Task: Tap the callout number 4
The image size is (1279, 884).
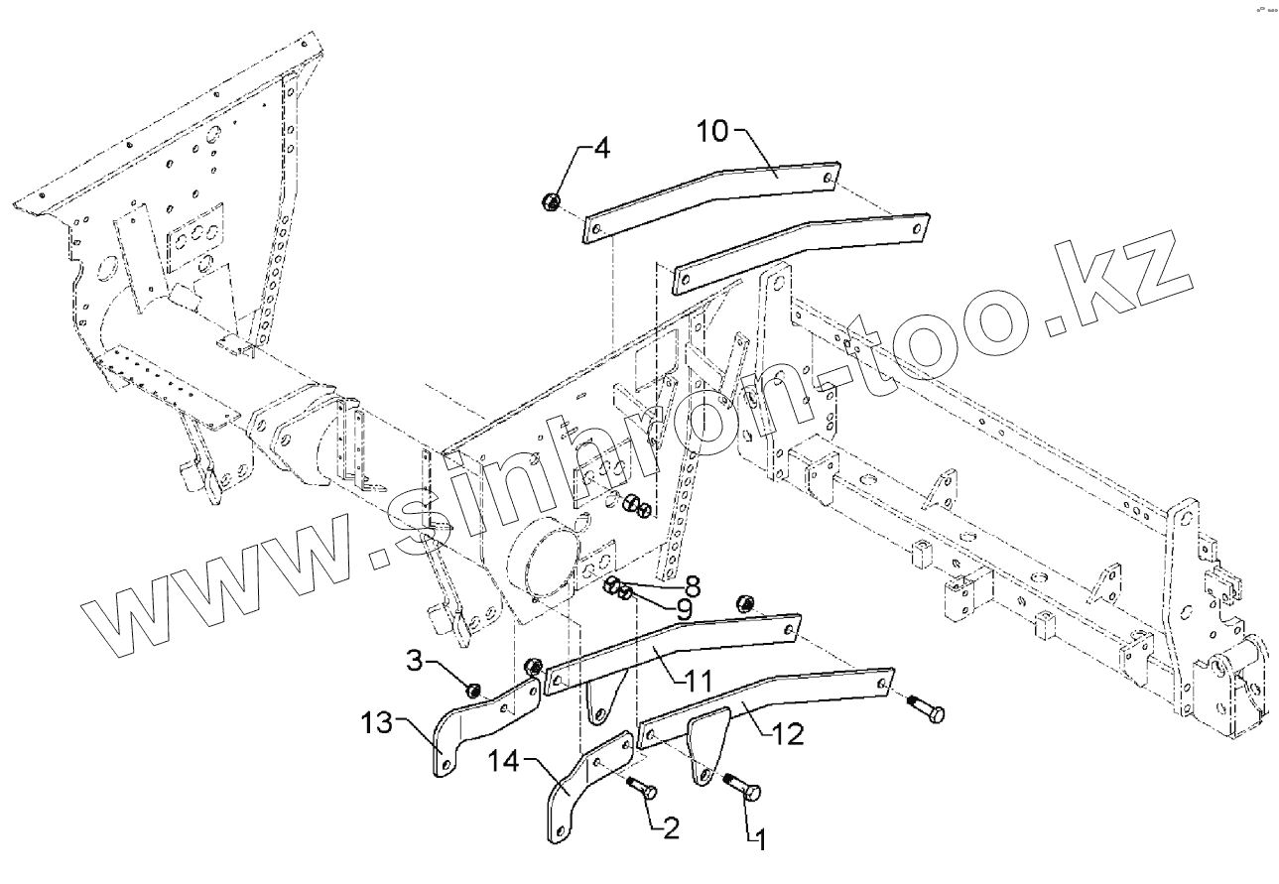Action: point(601,150)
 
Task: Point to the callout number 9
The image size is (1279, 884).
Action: point(684,608)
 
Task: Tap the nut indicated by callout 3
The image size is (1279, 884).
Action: point(474,689)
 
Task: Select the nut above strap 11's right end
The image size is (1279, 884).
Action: point(743,601)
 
